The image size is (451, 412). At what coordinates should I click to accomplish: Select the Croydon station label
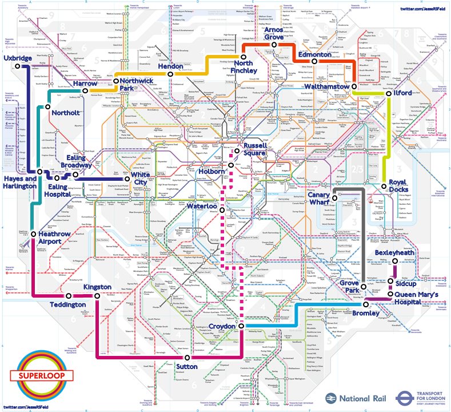click(222, 326)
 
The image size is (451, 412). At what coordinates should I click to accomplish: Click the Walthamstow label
click(326, 86)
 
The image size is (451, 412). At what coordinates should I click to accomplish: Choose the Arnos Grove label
click(274, 33)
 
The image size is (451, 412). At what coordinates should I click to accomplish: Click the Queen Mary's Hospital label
click(420, 298)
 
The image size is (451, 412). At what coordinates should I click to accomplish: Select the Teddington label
click(68, 304)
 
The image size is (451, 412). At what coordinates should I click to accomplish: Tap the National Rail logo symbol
click(333, 398)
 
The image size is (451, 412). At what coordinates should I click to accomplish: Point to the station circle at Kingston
click(98, 296)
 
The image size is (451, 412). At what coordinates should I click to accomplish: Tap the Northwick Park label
click(137, 85)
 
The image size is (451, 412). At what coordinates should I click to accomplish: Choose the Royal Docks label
click(398, 187)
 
